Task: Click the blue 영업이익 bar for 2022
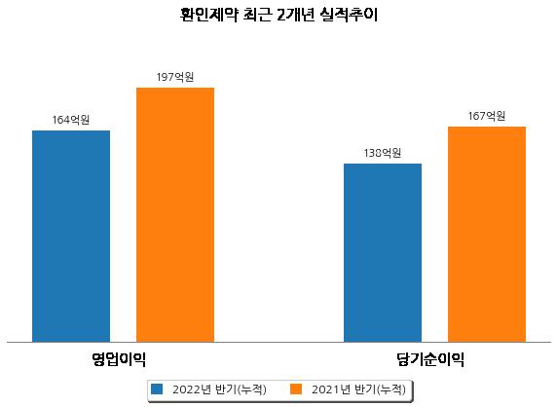[71, 237]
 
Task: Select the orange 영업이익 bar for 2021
[175, 215]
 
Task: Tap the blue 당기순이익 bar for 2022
[383, 253]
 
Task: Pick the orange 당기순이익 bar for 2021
[487, 235]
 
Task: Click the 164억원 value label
[71, 120]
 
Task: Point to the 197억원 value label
[175, 77]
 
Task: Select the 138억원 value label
[383, 153]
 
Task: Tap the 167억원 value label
[487, 116]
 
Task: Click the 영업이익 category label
[119, 359]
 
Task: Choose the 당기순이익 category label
[430, 359]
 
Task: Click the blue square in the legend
[157, 388]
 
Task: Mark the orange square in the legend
[296, 388]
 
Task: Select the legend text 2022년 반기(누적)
[219, 389]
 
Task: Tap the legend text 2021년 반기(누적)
[358, 389]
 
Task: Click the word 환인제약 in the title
[208, 15]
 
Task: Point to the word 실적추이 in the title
[349, 15]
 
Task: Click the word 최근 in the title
[257, 15]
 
